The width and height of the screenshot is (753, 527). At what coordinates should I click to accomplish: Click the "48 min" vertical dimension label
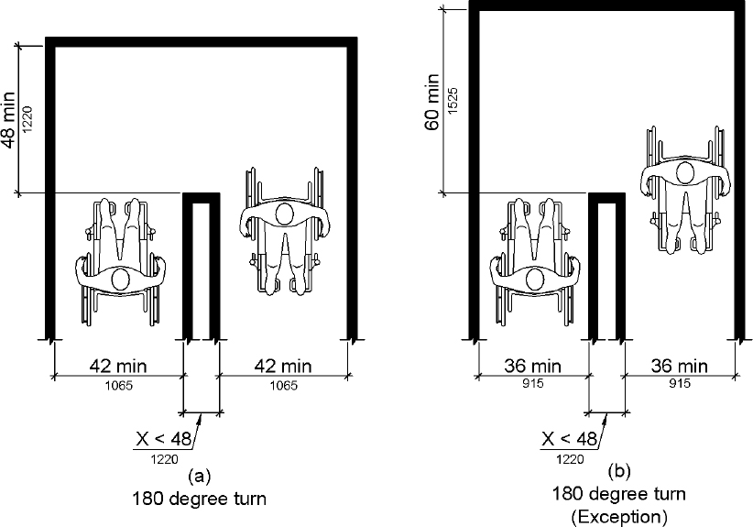[9, 119]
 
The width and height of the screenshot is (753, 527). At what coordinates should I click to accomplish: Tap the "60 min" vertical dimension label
[432, 102]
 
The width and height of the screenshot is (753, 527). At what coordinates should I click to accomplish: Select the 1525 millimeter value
[452, 101]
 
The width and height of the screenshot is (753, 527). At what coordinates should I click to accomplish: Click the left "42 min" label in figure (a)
[118, 366]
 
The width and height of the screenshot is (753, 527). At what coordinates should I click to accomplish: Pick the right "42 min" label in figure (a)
[283, 366]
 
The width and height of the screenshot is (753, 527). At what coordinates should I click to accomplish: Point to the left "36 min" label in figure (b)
[532, 366]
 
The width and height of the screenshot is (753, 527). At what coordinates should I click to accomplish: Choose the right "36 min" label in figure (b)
[680, 366]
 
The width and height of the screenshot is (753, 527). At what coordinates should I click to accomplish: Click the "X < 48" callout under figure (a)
[164, 439]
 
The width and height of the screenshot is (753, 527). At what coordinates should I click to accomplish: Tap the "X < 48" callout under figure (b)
[569, 439]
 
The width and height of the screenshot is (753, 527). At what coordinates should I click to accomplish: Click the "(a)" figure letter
[200, 476]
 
